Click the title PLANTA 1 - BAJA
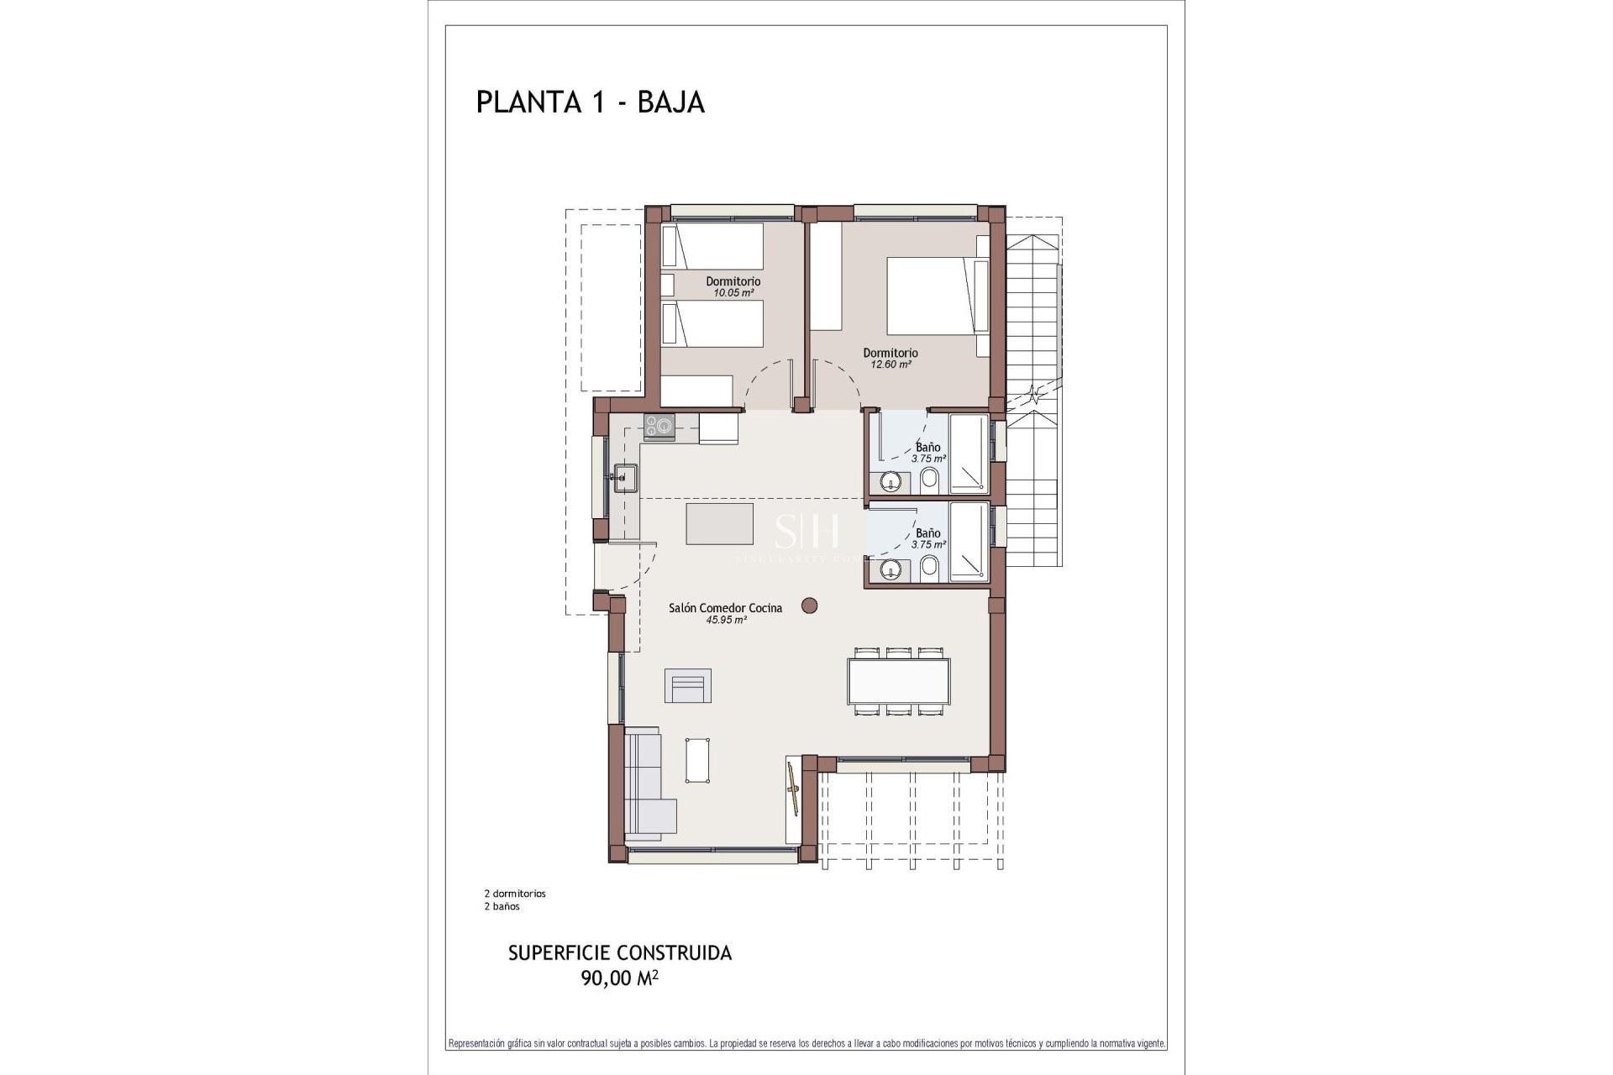tap(590, 102)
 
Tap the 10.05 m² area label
tap(733, 293)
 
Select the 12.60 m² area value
tap(891, 364)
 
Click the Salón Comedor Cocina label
tap(725, 608)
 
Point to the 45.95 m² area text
tap(727, 620)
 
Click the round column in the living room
tap(810, 605)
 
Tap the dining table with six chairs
tap(898, 681)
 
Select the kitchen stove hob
tap(659, 427)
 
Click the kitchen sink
tap(625, 478)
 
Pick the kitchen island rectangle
tap(719, 524)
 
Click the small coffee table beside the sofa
tap(698, 760)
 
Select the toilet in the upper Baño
tap(930, 481)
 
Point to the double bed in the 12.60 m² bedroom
tap(933, 296)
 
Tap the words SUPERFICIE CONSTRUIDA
tap(620, 953)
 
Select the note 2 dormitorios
tap(515, 894)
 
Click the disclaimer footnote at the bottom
tap(806, 1044)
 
